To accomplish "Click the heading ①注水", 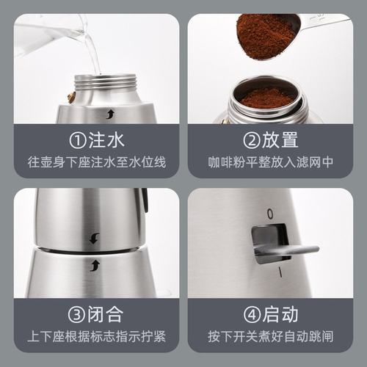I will pyautogui.click(x=95, y=139).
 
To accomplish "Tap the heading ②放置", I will pyautogui.click(x=270, y=139).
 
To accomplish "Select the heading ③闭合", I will pyautogui.click(x=95, y=315).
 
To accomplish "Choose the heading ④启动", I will pyautogui.click(x=270, y=315).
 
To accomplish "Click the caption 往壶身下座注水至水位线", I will pyautogui.click(x=95, y=161).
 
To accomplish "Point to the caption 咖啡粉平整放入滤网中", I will pyautogui.click(x=270, y=161).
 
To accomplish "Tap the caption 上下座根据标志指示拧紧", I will pyautogui.click(x=95, y=337).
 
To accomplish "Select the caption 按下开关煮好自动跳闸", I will pyautogui.click(x=270, y=337).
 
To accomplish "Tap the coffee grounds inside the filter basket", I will pyautogui.click(x=267, y=98).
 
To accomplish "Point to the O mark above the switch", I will pyautogui.click(x=269, y=214).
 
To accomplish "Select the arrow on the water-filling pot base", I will pyautogui.click(x=110, y=113).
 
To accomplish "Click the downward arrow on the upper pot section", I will pyautogui.click(x=94, y=238).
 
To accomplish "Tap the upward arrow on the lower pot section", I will pyautogui.click(x=94, y=265).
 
